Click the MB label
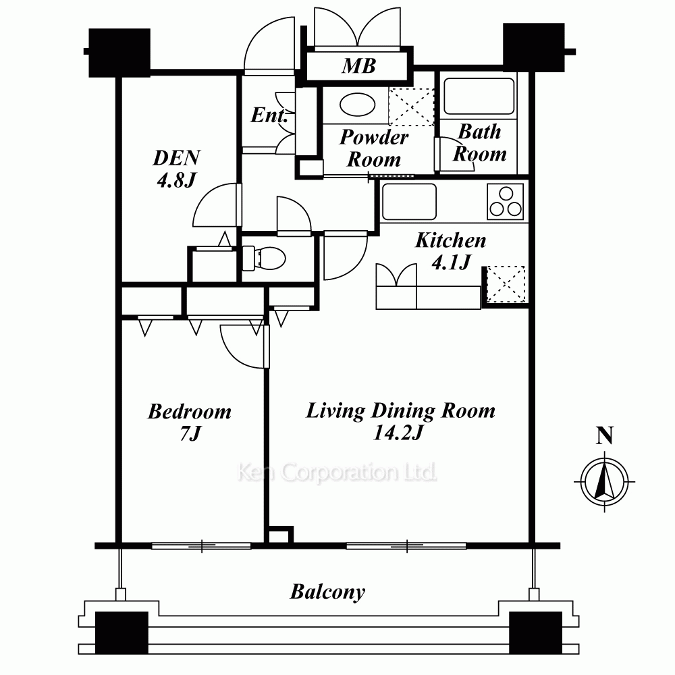(359, 66)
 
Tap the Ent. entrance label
(269, 115)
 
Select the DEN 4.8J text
(176, 169)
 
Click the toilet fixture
(264, 259)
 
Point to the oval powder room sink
(357, 105)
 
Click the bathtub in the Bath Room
(479, 96)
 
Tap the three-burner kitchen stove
(506, 201)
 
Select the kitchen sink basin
(410, 202)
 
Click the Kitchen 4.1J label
(451, 251)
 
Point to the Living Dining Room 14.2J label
(400, 421)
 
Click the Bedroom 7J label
(190, 422)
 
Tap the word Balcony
(327, 593)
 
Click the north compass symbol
(605, 481)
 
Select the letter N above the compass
(604, 435)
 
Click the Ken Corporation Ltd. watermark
(337, 473)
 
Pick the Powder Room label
(374, 148)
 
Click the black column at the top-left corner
(119, 53)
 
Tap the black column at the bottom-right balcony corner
(535, 633)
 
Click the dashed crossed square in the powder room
(412, 107)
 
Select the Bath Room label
(479, 143)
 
